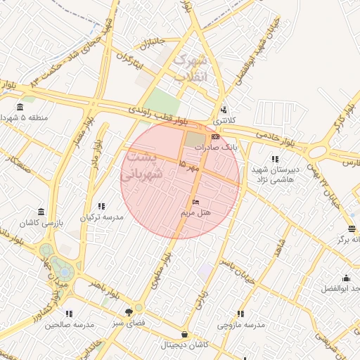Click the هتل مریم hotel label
(197, 212)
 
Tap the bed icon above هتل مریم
(195, 202)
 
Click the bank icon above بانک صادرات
(214, 136)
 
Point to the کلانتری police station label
(224, 120)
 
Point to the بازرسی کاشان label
(41, 223)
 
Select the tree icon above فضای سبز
(129, 311)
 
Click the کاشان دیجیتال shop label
(184, 345)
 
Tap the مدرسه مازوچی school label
(240, 325)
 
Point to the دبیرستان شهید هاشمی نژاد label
(275, 174)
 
